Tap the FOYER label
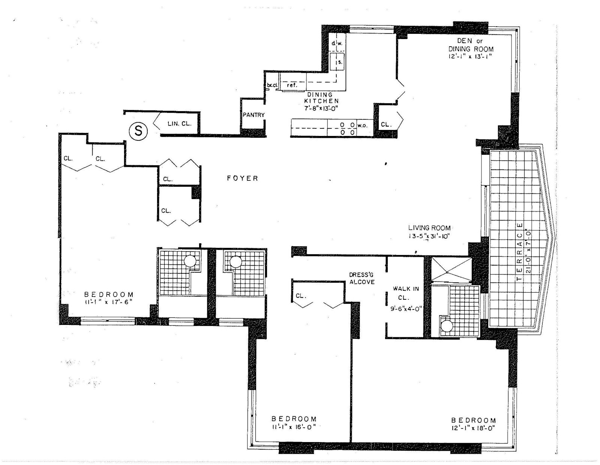[x=243, y=178]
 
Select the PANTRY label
[x=253, y=115]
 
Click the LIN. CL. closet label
[x=179, y=123]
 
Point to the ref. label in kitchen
[x=292, y=85]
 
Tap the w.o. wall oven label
[x=363, y=125]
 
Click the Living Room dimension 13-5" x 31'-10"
[x=429, y=236]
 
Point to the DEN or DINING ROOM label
[x=471, y=45]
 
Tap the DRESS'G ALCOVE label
[x=361, y=278]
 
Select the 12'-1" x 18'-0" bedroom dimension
[x=473, y=429]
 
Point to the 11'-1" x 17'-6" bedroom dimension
[x=108, y=302]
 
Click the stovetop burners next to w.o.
[x=347, y=128]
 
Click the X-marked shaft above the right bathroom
[x=450, y=270]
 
